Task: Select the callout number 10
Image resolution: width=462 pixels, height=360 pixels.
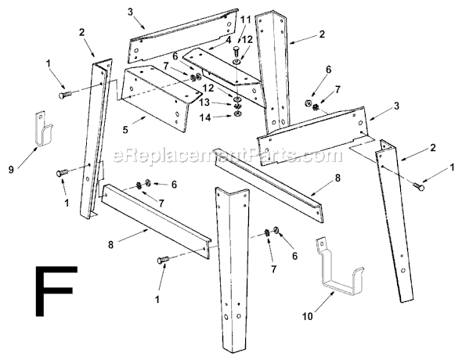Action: (x=308, y=316)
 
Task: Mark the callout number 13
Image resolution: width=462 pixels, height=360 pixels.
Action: (x=203, y=103)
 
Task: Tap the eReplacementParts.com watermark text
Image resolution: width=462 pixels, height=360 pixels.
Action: (x=223, y=156)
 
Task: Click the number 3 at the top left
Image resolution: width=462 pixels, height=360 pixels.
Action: (x=131, y=12)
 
